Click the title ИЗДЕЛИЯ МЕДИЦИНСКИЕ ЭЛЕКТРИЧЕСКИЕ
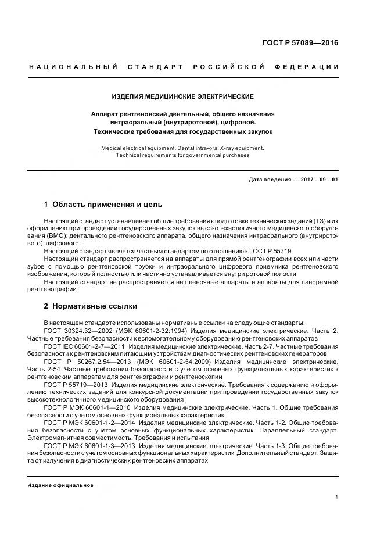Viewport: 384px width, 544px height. click(182, 96)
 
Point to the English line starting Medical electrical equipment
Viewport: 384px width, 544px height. click(182, 148)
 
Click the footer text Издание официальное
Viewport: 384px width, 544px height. click(60, 485)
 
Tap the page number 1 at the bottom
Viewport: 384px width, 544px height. click(337, 497)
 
